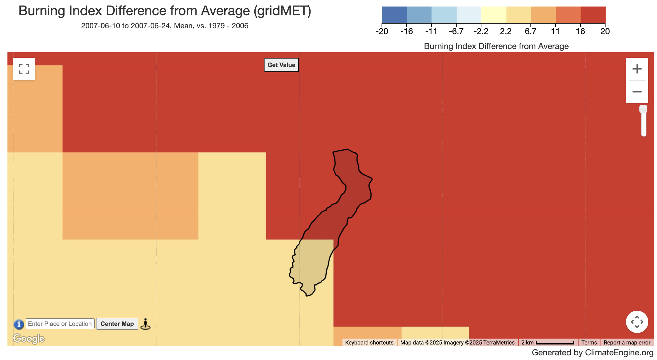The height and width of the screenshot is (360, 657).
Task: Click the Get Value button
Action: point(281,65)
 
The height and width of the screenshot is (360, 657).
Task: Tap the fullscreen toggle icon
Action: point(24,69)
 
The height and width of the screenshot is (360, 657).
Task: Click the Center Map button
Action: point(117,324)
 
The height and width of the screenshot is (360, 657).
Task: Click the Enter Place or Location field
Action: point(60,324)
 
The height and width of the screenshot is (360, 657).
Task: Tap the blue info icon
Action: point(19,324)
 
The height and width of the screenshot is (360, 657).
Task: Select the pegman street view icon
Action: point(145,324)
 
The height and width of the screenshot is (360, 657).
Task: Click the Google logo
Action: point(29,338)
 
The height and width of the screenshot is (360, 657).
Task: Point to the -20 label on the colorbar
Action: point(382,31)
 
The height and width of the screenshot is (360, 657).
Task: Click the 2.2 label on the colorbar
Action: point(506,31)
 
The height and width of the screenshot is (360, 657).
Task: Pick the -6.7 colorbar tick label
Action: point(456,31)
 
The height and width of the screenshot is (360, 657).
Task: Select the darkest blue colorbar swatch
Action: point(394,15)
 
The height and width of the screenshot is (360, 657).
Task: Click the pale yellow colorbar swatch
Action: point(494,15)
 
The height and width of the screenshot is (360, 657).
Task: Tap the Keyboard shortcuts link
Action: point(369,343)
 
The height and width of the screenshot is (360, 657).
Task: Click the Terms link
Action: point(589,343)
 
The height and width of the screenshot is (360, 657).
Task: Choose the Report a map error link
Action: point(627,343)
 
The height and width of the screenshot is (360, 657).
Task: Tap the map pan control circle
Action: point(637,322)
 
